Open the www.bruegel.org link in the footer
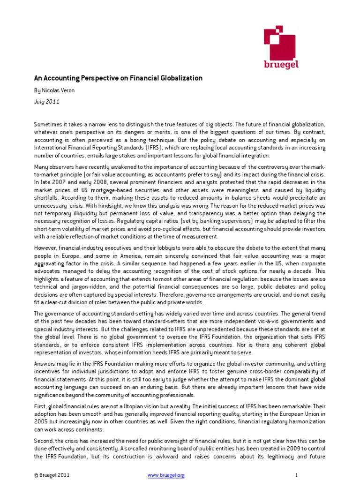pyautogui.click(x=166, y=475)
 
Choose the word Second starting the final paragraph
pyautogui.click(x=44, y=443)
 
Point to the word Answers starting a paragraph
pyautogui.click(x=45, y=364)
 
